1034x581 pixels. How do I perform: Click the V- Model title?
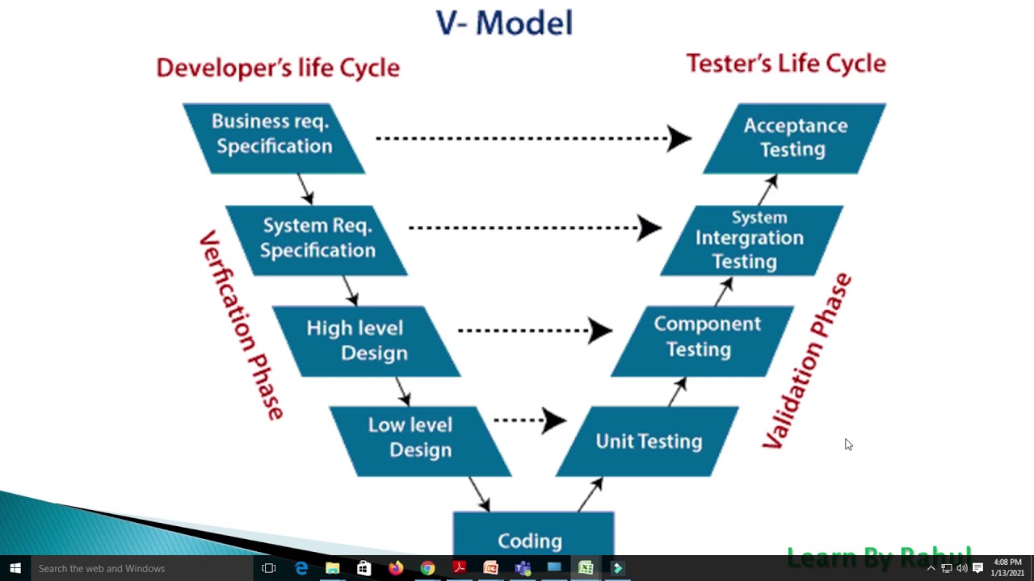504,23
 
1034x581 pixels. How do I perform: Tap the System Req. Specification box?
317,239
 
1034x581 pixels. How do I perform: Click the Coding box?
531,537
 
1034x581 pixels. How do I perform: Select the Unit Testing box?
648,441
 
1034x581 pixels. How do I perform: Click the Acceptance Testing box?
795,137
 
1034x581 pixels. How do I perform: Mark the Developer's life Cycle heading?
278,67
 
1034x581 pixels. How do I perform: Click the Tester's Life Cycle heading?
785,63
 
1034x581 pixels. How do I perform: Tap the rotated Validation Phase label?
806,361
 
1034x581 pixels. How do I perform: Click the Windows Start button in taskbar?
15,568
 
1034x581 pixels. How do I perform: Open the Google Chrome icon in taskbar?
427,568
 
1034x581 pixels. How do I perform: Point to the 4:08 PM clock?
1007,562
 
